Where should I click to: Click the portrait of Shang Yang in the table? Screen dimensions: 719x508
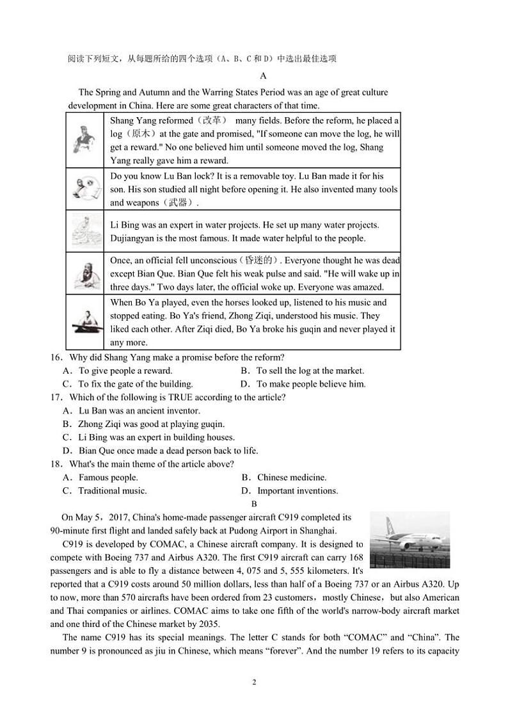(84, 140)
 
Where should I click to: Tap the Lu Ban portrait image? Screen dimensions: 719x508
(84, 188)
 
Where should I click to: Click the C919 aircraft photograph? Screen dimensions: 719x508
(409, 539)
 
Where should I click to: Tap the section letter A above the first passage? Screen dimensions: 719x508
(254, 76)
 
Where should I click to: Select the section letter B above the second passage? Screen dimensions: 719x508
(254, 504)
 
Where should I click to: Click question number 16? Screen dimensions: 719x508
(56, 357)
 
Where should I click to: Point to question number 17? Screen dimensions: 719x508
(56, 397)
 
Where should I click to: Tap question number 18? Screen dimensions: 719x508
(56, 464)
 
